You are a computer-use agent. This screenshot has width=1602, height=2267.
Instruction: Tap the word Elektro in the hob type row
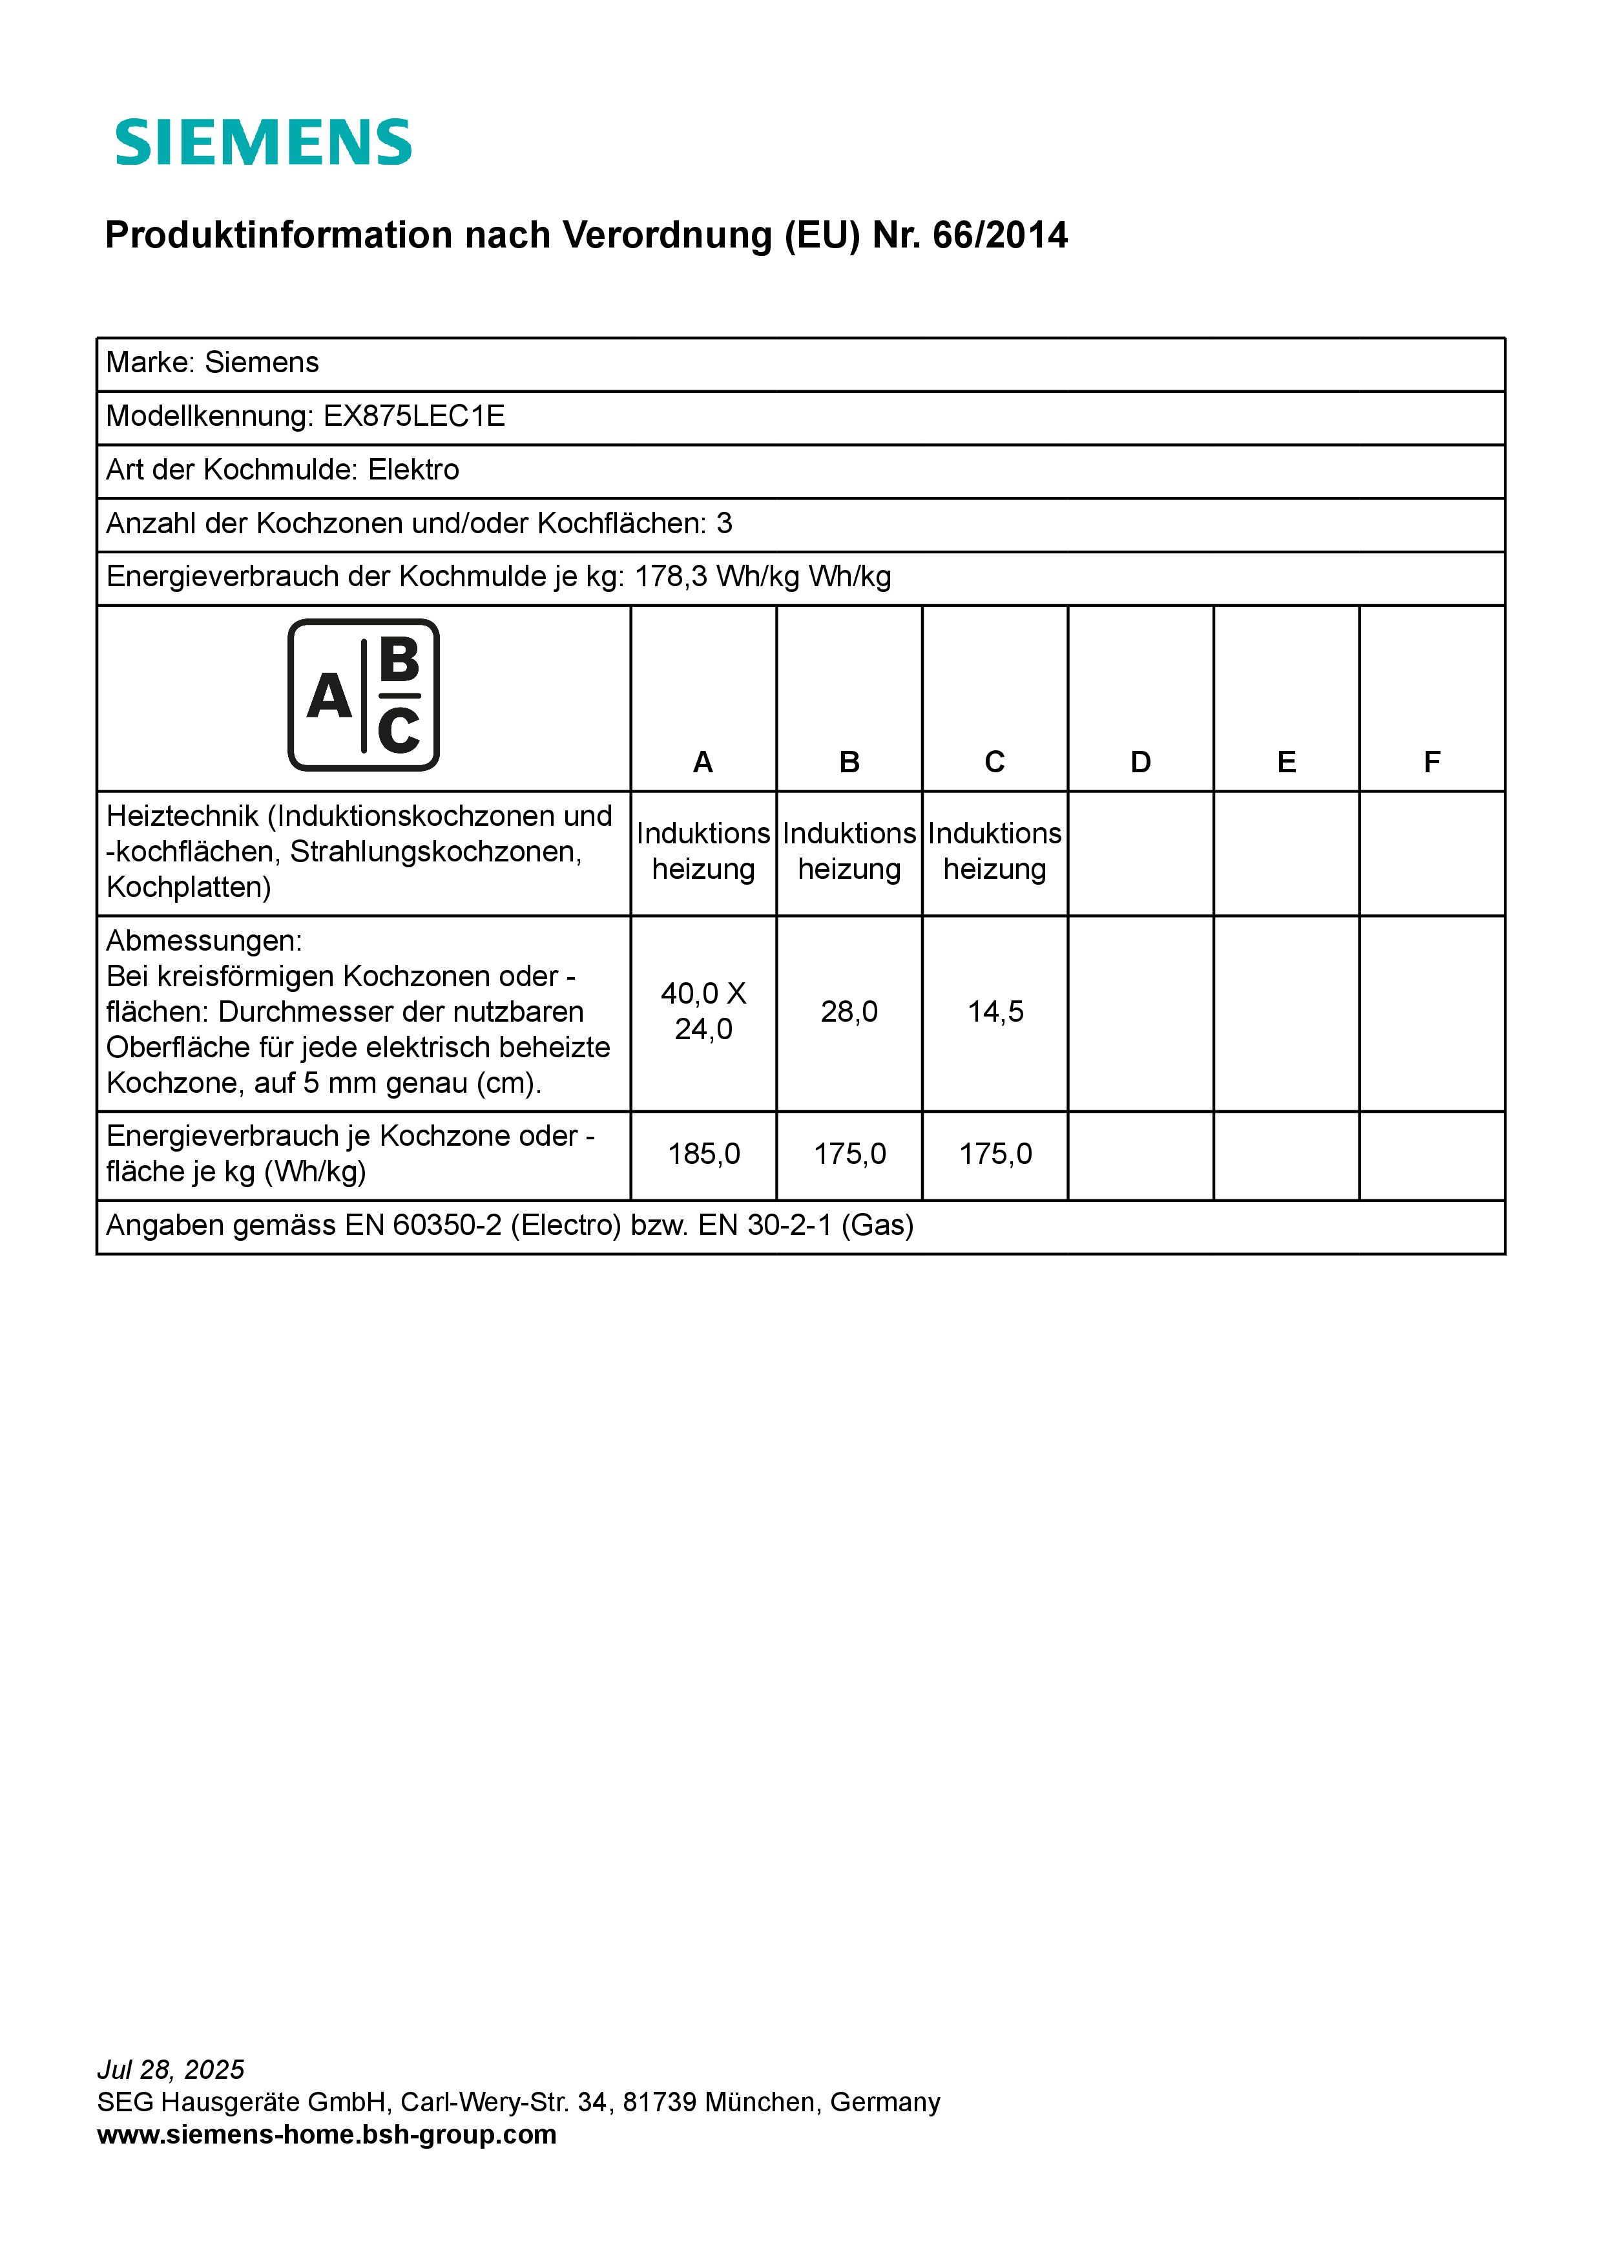pos(413,470)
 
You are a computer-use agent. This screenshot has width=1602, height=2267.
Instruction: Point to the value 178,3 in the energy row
pos(671,576)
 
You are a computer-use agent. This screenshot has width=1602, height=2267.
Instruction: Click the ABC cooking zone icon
pos(363,695)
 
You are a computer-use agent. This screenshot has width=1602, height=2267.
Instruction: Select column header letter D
pos(1140,763)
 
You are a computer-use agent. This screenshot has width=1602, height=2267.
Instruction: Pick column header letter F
pos(1431,763)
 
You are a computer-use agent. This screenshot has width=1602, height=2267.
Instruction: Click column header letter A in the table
pos(703,763)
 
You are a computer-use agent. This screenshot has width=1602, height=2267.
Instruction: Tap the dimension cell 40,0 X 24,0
pos(703,1011)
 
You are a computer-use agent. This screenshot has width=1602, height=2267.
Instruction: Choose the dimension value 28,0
pos(849,1012)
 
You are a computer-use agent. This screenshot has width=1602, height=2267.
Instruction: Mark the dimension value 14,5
pos(995,1012)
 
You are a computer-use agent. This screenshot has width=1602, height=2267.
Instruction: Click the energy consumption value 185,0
pos(703,1154)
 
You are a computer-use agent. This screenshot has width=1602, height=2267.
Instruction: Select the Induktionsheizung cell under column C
pos(995,851)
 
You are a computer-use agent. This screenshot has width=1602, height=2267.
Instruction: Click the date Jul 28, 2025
pos(171,2069)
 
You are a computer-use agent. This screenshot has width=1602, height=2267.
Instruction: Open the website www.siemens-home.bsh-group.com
pos(327,2134)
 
